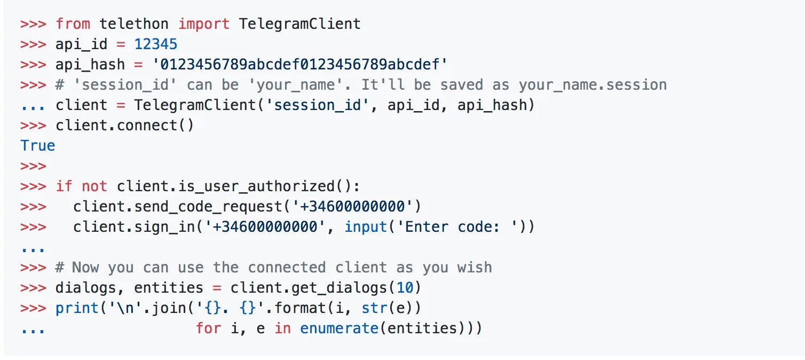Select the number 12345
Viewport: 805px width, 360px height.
155,44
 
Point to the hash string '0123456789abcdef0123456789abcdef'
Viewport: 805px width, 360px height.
299,65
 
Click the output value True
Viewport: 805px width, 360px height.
37,146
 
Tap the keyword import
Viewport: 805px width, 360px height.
203,24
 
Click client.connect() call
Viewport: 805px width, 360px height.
124,126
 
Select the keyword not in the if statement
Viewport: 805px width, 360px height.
94,186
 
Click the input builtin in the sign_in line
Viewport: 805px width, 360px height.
366,226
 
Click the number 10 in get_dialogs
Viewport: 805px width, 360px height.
405,288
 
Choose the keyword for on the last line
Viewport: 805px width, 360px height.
208,328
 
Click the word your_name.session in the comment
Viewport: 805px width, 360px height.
593,85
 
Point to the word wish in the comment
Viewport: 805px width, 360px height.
475,267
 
